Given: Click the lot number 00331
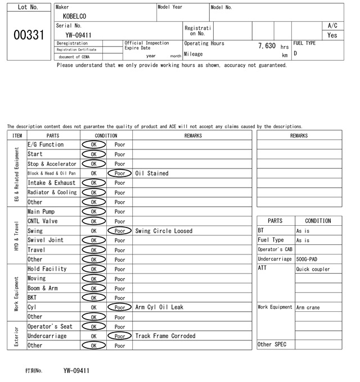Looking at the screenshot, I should [x=28, y=35].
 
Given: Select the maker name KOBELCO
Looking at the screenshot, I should [x=75, y=17].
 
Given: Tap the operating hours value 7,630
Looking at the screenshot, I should [x=267, y=46].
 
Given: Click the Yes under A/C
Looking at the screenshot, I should [x=332, y=35].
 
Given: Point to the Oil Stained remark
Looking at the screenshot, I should [x=152, y=174].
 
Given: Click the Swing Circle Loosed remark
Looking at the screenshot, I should [x=164, y=231].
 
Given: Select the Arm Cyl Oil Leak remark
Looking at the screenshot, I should [x=159, y=307].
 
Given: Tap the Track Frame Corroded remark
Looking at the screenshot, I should [x=165, y=336].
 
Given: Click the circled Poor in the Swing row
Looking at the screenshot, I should [x=120, y=231].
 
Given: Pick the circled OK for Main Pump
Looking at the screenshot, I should [x=93, y=212].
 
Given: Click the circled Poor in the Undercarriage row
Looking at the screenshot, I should [x=120, y=336].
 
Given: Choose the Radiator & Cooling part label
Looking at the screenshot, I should [x=52, y=193].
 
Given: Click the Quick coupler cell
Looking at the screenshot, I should [x=313, y=269].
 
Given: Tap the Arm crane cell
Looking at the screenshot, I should [x=308, y=307].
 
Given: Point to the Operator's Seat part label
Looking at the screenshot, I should [x=50, y=326].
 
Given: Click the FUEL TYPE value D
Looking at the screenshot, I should [x=295, y=53].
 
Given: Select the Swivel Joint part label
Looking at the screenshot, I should [x=46, y=240].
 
